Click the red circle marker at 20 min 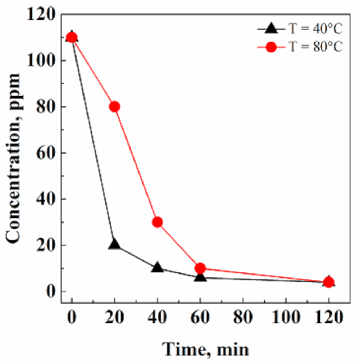tap(115, 106)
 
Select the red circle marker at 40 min tap(157, 222)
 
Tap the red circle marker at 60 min tap(200, 268)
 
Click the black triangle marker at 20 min tap(115, 245)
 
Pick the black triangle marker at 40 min tap(157, 267)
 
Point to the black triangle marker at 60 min tap(200, 276)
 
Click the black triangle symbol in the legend tap(271, 28)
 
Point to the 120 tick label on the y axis tap(43, 14)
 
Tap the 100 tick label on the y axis tap(43, 60)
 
